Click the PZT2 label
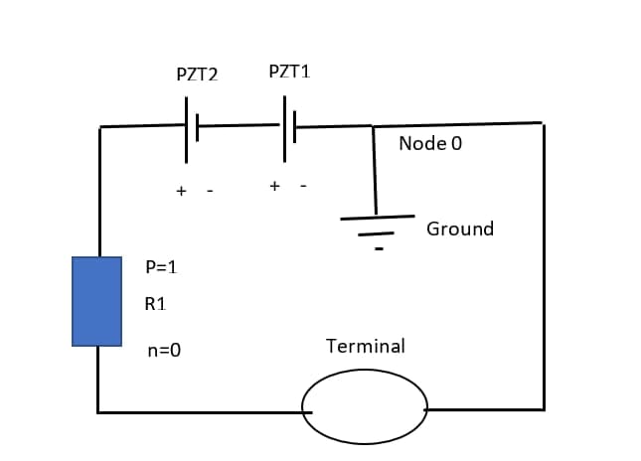197,75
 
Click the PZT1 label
289,72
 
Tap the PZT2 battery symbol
191,127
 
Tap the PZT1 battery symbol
288,126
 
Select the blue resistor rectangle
96,301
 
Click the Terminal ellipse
365,407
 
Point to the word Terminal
365,346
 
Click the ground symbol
377,225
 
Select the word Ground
459,229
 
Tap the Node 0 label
430,144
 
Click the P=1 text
160,266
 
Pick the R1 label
155,304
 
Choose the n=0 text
163,350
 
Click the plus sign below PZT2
181,191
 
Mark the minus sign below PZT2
209,191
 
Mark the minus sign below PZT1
303,186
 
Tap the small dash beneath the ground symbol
379,248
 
